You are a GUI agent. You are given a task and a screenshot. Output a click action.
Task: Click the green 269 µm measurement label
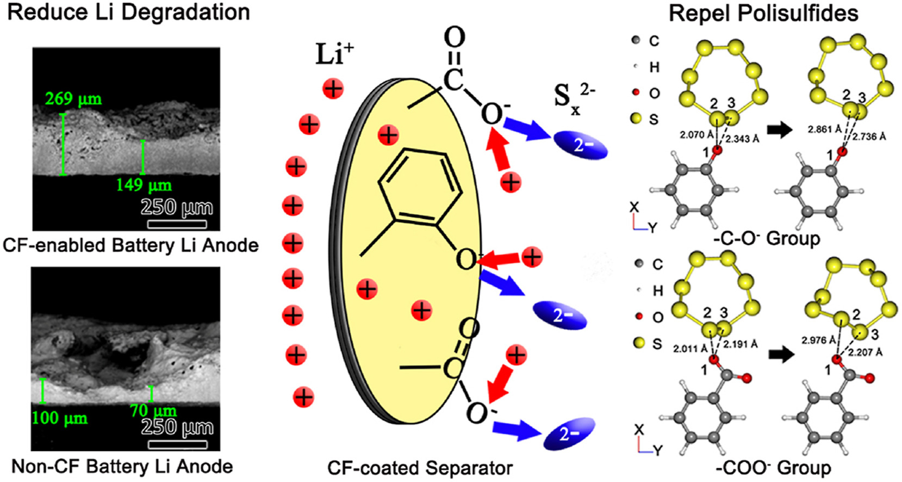point(73,99)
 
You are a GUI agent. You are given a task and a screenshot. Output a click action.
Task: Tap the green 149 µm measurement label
point(144,185)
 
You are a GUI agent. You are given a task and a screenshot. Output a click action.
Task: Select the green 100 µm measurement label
point(59,418)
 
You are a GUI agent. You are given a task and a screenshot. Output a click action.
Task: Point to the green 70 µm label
point(153,411)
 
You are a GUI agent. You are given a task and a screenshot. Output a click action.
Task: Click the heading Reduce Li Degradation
point(129,13)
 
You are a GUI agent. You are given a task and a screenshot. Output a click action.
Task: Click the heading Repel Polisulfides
point(763,14)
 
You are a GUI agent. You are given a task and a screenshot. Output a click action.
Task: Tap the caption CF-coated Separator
point(420,468)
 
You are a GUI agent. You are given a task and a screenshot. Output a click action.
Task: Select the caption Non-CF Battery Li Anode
point(122,467)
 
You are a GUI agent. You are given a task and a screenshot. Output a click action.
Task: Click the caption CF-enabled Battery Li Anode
point(130,245)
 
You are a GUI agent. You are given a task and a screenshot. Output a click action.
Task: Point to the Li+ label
point(334,54)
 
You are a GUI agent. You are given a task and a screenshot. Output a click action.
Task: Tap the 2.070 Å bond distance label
point(696,134)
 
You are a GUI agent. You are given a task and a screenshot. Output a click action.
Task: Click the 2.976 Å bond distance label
point(819,341)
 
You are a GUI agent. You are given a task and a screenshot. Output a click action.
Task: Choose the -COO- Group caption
point(773,468)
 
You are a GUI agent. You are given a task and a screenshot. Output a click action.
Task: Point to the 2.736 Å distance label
point(869,137)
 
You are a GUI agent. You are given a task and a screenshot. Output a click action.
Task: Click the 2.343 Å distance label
point(742,139)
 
